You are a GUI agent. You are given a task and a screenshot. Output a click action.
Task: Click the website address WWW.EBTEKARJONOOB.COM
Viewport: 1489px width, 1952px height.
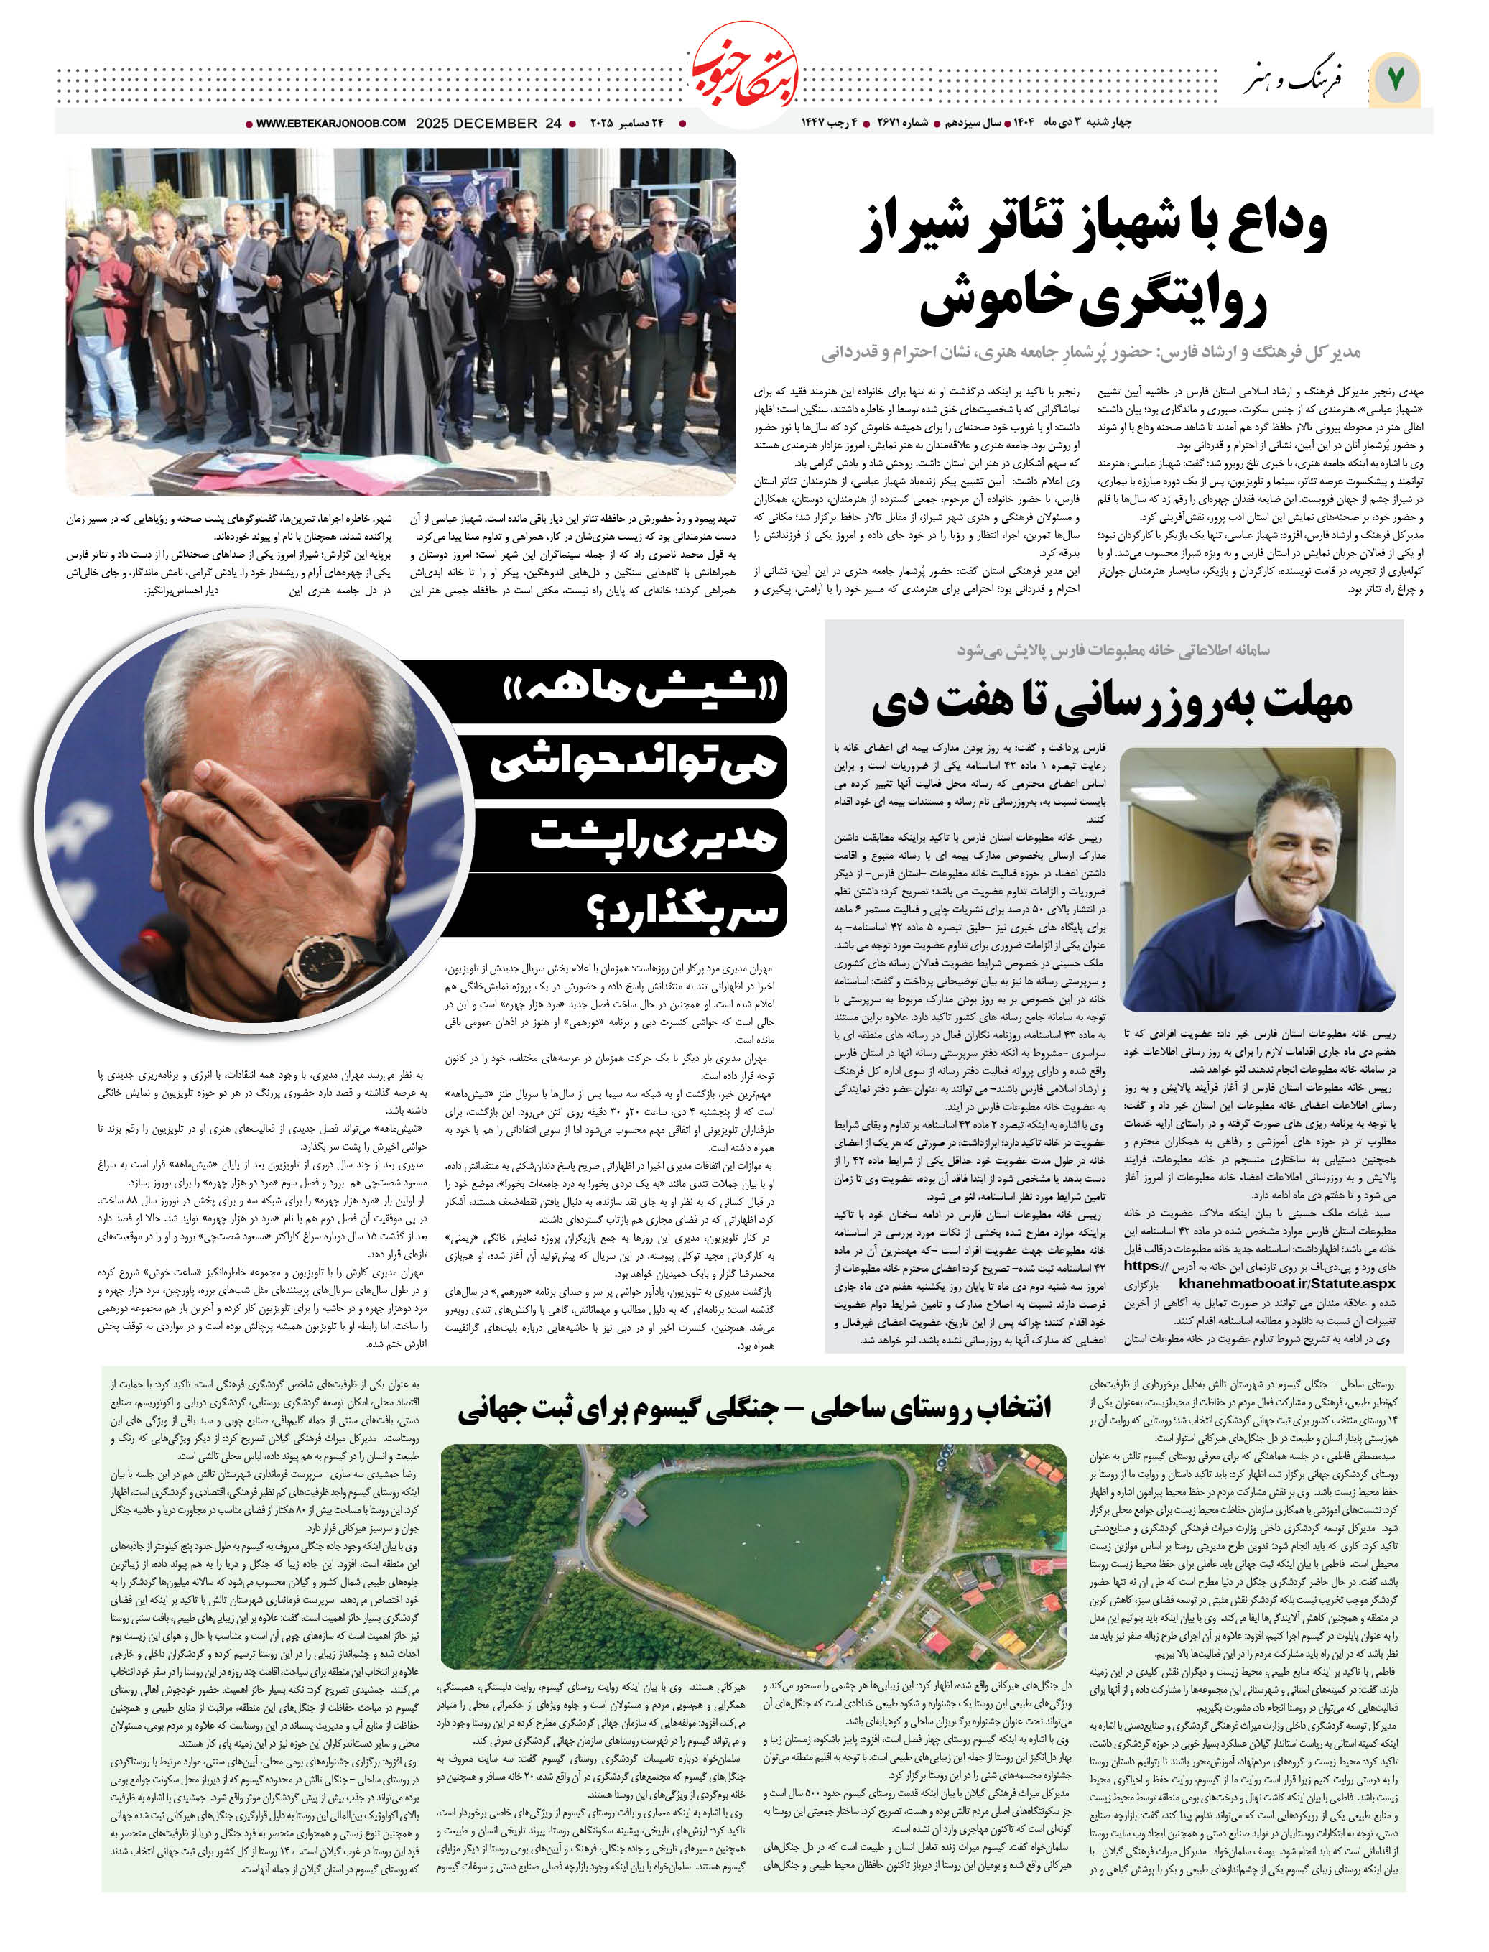click(x=331, y=124)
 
